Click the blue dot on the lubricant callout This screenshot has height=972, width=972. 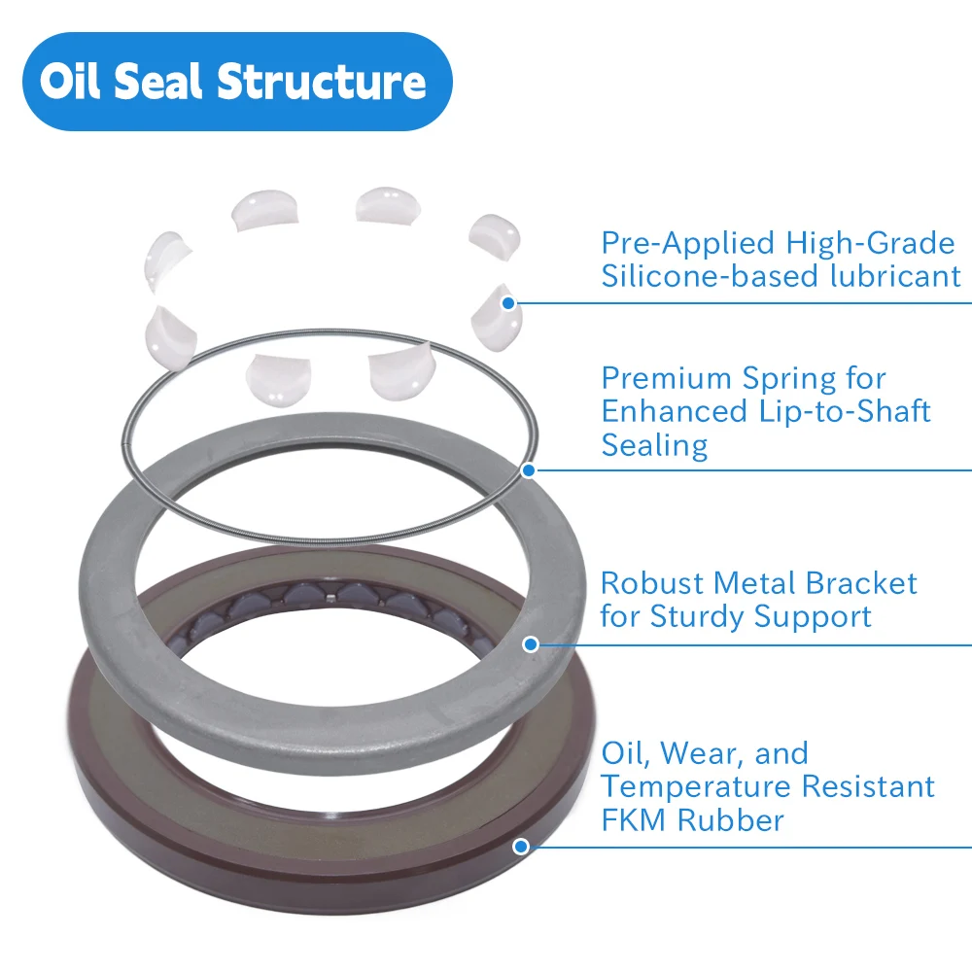(508, 303)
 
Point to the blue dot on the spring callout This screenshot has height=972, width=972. (529, 470)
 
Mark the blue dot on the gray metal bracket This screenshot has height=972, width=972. (531, 643)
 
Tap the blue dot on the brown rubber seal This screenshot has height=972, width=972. (521, 846)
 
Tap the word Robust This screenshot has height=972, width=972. (651, 583)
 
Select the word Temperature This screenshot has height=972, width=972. (707, 786)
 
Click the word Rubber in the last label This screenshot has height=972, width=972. (731, 819)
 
